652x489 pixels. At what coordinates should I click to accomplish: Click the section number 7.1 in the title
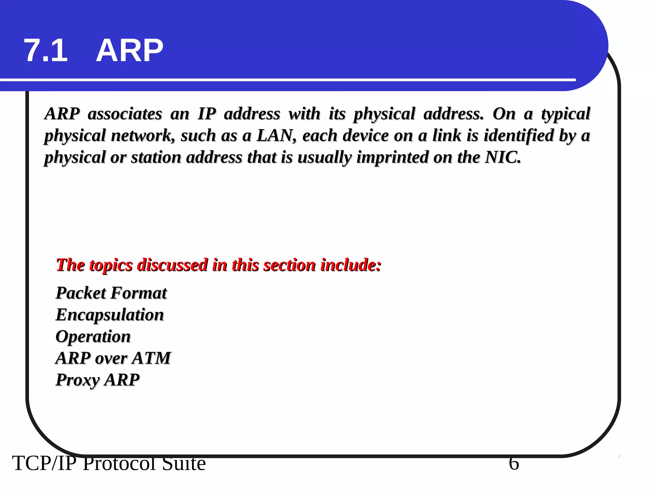point(46,50)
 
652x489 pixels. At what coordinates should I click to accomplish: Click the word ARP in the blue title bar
point(129,50)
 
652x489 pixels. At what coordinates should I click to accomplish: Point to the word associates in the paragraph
point(125,114)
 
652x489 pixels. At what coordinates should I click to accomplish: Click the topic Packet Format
point(111,293)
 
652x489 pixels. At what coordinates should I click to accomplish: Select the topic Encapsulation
point(110,315)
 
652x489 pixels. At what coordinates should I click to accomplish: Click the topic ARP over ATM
point(113,358)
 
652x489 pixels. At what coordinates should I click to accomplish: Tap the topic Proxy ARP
point(97,380)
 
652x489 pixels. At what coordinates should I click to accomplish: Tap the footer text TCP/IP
point(44,464)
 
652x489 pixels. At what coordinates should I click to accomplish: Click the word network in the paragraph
point(143,136)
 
